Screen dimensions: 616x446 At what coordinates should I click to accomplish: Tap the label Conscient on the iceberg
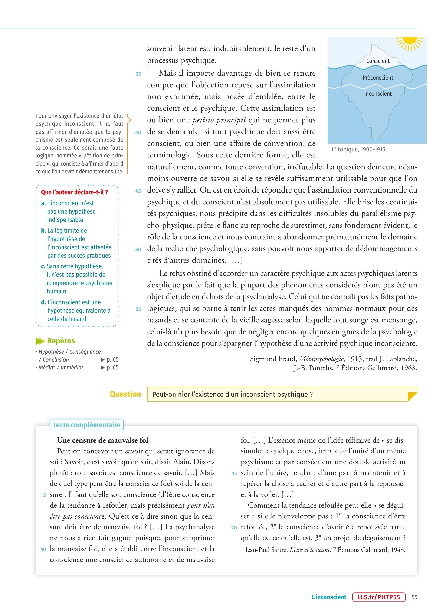378,61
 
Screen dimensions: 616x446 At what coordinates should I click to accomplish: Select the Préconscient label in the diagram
378,78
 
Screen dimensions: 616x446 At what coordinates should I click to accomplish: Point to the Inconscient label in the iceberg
378,94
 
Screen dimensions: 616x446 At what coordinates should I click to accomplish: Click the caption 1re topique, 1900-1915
358,149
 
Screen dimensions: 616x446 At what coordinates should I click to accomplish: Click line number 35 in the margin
138,74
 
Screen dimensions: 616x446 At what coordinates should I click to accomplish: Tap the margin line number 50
138,249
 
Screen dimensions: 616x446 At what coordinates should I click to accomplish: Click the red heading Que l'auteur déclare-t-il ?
74,192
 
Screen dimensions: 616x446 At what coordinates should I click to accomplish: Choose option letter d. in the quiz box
43,302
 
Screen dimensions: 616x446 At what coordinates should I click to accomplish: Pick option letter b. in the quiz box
43,231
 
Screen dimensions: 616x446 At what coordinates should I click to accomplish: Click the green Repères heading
61,341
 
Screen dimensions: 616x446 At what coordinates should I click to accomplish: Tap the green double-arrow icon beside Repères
40,341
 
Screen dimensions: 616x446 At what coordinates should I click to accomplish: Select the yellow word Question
125,394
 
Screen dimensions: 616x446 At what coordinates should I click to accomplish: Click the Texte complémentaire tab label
86,425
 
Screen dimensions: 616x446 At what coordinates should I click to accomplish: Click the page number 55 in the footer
414,597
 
